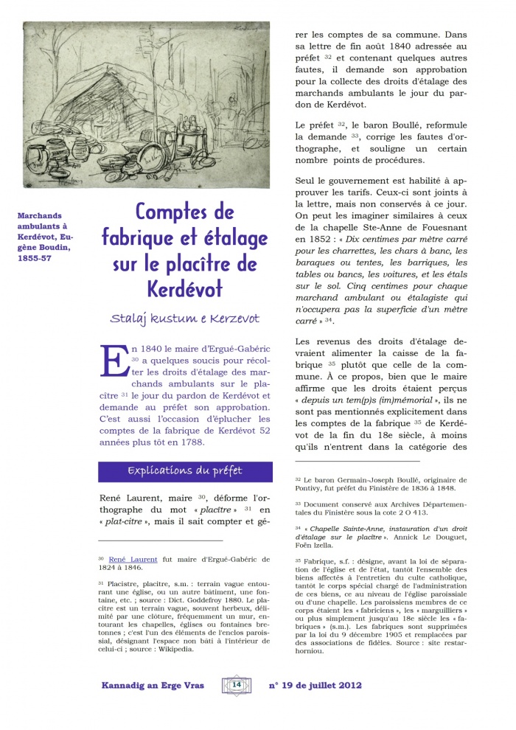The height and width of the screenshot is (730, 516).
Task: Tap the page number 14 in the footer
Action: [x=237, y=684]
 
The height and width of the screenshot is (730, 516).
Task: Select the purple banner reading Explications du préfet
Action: [x=185, y=471]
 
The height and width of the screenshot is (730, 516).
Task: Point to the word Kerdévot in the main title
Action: [x=185, y=288]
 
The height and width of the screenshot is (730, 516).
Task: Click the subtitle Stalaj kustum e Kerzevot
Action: [x=185, y=318]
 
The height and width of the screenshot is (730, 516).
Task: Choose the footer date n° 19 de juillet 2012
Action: [x=315, y=685]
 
